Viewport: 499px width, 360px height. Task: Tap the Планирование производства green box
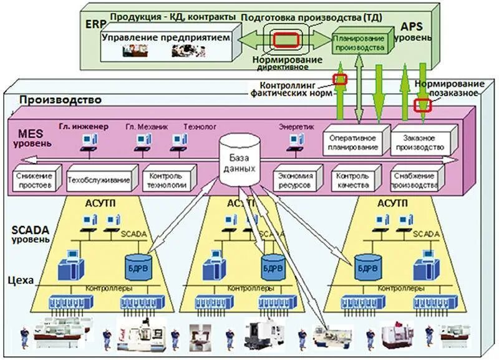[359, 42]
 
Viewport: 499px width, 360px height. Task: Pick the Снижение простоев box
[36, 180]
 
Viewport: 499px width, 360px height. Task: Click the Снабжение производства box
[415, 181]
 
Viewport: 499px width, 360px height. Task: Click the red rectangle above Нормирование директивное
[287, 39]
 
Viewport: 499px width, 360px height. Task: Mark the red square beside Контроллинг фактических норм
[340, 79]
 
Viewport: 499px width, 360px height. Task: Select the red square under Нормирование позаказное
[424, 105]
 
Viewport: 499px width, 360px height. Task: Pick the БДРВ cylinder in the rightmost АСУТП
[366, 267]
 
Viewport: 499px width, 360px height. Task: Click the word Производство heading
[59, 99]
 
